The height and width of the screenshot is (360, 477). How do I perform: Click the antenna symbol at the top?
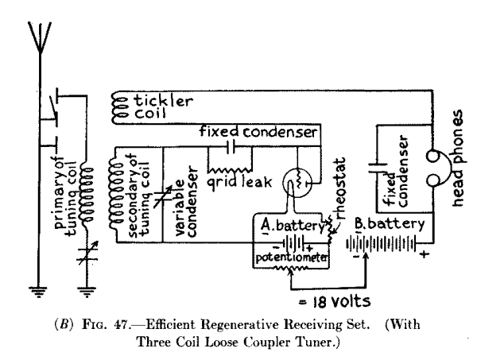pyautogui.click(x=37, y=36)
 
